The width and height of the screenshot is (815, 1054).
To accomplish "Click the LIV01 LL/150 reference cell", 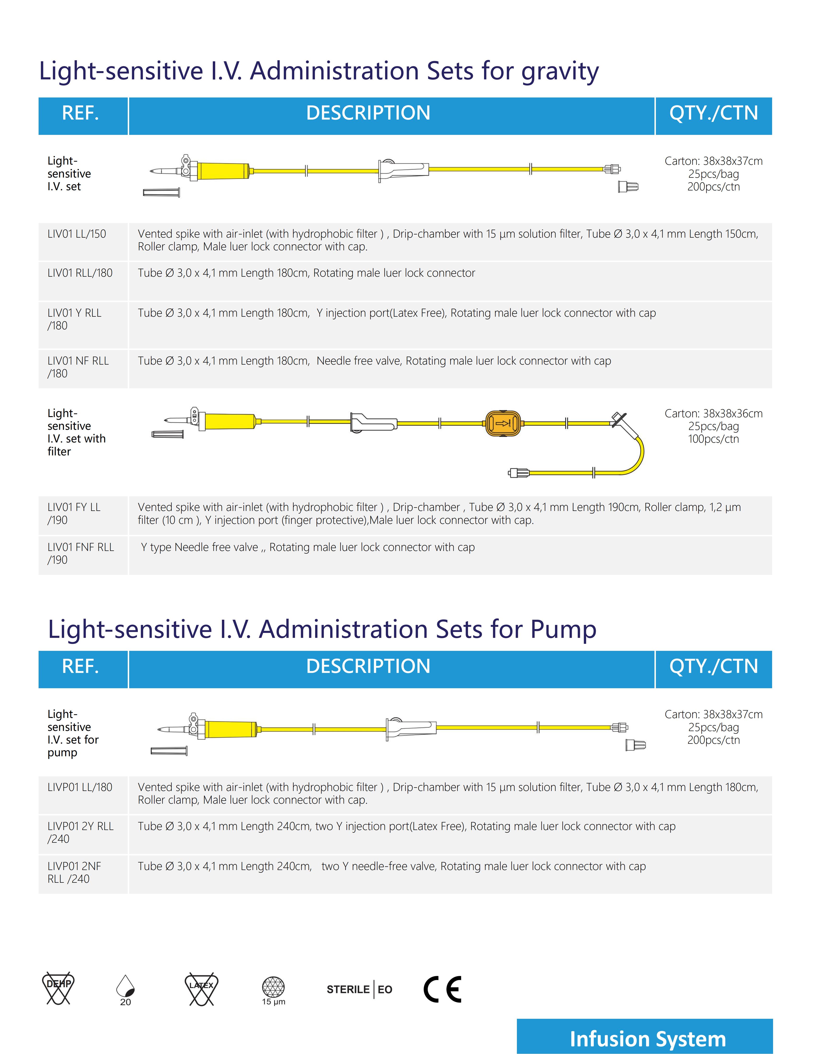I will tap(77, 234).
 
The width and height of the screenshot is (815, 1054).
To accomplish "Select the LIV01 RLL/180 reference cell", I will tap(80, 273).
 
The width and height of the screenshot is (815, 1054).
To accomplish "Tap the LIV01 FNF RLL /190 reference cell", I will tap(81, 554).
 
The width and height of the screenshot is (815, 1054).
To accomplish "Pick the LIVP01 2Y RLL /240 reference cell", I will tap(80, 832).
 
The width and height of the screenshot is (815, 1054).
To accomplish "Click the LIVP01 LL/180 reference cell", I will tap(80, 787).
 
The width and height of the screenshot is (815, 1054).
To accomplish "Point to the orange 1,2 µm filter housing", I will tap(503, 424).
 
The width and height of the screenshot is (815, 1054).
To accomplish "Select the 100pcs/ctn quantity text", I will tap(713, 439).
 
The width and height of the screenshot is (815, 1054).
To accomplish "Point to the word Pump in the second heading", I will tap(563, 629).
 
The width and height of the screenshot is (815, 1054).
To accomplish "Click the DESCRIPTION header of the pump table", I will tap(368, 666).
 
